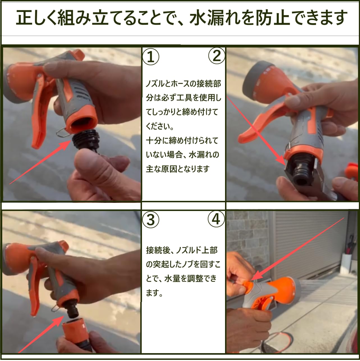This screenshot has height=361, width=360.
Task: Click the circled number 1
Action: click(151, 57)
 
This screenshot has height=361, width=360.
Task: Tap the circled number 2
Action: click(217, 56)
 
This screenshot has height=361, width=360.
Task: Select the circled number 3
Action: click(151, 220)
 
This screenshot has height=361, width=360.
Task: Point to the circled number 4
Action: click(216, 219)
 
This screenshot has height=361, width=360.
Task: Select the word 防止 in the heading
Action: click(270, 18)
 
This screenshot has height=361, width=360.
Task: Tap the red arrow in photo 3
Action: click(41, 334)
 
